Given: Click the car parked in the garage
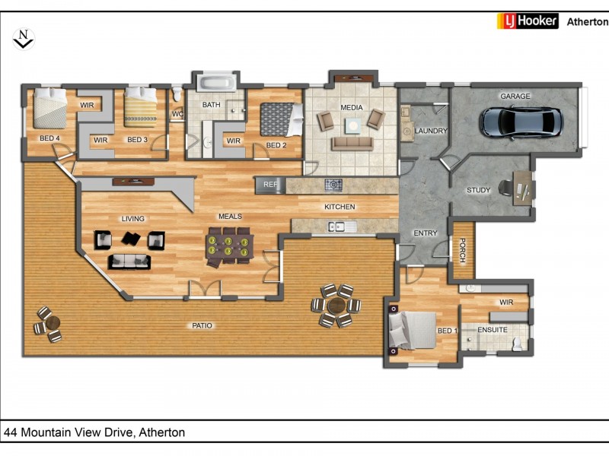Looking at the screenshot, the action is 521,122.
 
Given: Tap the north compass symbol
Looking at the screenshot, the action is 24,40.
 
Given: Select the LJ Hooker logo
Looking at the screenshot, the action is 528,21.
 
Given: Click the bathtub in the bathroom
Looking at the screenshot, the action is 216,83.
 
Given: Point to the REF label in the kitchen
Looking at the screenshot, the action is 271,185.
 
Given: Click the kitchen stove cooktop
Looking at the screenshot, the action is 333,185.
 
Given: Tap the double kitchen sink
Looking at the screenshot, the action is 336,226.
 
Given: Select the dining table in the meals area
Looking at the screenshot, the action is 230,246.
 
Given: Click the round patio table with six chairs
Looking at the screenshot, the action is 336,306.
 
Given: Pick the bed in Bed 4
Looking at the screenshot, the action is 49,109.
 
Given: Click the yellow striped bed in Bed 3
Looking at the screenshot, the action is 141,107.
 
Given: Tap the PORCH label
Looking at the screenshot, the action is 463,251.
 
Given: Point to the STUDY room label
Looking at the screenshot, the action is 478,190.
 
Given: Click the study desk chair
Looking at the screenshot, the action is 505,188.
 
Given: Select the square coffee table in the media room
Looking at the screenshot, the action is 353,126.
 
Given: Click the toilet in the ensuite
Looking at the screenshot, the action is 517,344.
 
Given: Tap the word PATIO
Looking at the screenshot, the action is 202,326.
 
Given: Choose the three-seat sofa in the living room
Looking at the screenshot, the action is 129,261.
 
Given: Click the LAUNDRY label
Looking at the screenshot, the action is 431,131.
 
